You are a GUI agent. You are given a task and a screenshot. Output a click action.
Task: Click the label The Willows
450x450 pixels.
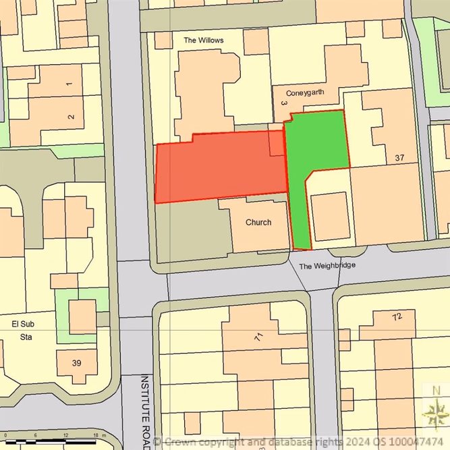(203, 40)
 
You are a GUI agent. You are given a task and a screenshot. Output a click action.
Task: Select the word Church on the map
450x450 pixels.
(258, 223)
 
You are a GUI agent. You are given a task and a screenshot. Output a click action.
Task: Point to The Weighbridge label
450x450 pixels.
(327, 266)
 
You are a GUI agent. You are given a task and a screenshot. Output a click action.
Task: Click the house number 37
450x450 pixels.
(399, 158)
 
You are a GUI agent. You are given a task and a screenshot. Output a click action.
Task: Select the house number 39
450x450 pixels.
(76, 363)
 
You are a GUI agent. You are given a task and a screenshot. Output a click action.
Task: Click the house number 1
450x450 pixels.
(69, 84)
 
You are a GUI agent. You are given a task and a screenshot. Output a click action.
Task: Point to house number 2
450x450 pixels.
(71, 117)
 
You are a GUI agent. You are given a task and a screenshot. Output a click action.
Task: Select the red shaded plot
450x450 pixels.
(219, 165)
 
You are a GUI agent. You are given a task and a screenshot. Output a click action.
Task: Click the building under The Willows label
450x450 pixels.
(202, 88)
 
